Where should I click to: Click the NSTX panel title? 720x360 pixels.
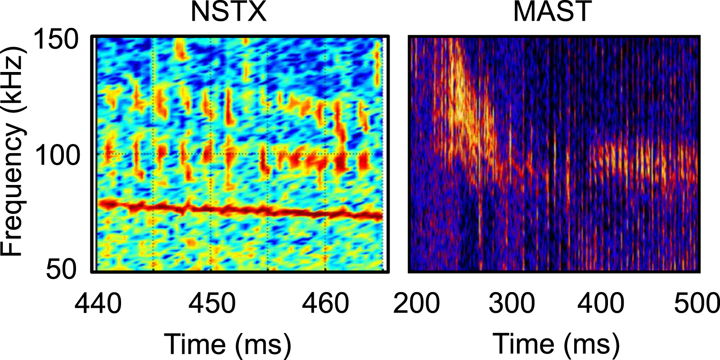coord(229,12)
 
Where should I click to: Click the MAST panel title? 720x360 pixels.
coord(552,12)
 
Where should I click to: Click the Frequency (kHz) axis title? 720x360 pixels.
coord(13,151)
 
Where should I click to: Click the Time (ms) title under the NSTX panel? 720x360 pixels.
coord(227,345)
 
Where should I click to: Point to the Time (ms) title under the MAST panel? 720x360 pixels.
coord(556,345)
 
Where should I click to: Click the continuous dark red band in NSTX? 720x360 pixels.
coord(238,210)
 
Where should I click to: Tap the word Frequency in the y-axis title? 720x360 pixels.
coord(13,189)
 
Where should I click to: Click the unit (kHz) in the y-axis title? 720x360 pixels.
coord(13,79)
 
